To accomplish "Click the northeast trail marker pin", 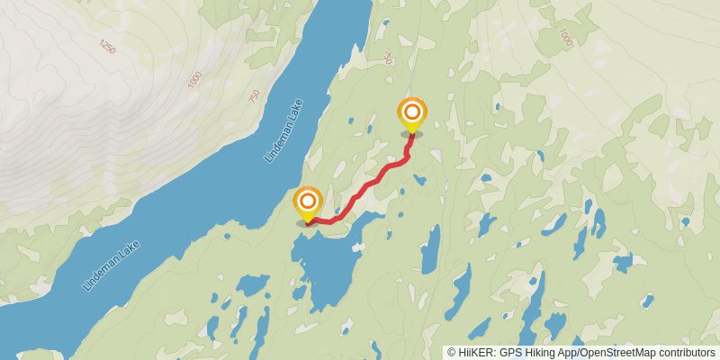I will (412, 112).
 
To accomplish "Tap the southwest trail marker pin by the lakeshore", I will (308, 201).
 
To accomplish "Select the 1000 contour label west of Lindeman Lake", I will (195, 79).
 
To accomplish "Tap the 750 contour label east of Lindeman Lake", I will (388, 57).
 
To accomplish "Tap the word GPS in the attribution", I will (508, 353).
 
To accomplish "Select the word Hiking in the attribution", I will (537, 353).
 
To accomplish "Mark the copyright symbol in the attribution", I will (452, 353).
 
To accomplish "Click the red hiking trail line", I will (369, 184).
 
